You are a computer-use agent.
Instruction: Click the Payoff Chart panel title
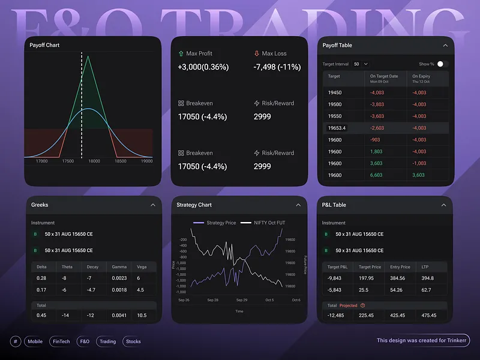click(x=45, y=45)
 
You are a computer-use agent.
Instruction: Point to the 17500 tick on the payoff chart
click(x=68, y=161)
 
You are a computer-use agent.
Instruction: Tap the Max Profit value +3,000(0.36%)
click(x=203, y=67)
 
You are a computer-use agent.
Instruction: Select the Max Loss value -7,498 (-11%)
click(x=277, y=67)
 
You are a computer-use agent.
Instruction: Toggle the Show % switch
click(x=442, y=64)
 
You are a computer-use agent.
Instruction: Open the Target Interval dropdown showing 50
click(x=361, y=64)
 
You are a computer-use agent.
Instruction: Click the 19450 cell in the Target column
click(x=335, y=92)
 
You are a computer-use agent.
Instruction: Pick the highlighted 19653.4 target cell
click(x=337, y=128)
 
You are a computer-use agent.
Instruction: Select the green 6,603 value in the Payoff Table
click(x=376, y=175)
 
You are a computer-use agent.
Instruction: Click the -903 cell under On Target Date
click(x=376, y=140)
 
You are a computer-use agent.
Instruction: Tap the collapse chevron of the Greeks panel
click(x=153, y=205)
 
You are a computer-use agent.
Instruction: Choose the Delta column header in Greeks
click(x=42, y=266)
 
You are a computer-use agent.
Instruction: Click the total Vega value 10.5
click(x=142, y=315)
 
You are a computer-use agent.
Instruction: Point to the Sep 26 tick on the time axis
click(x=184, y=300)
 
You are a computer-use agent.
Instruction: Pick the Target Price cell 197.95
click(x=371, y=278)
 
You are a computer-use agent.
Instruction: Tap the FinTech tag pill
click(x=61, y=341)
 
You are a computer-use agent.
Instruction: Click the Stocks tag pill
click(x=133, y=341)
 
